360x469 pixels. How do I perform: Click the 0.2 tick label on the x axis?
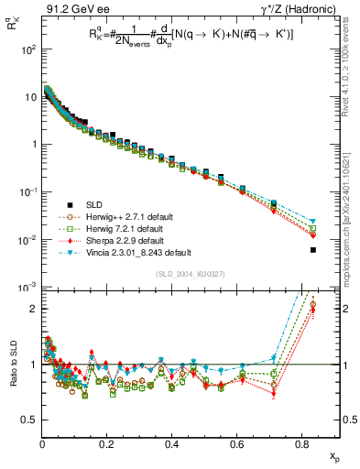pyautogui.click(x=106, y=446)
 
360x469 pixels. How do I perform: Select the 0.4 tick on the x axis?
pyautogui.click(x=171, y=446)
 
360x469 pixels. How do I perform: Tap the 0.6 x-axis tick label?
pyautogui.click(x=236, y=446)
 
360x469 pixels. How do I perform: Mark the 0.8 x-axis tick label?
pyautogui.click(x=301, y=446)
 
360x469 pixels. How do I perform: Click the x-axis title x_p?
pyautogui.click(x=336, y=455)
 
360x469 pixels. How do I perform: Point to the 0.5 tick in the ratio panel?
pyautogui.click(x=29, y=420)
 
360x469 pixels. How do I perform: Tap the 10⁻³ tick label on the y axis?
pyautogui.click(x=27, y=288)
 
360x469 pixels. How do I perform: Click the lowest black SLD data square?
pyautogui.click(x=313, y=250)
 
